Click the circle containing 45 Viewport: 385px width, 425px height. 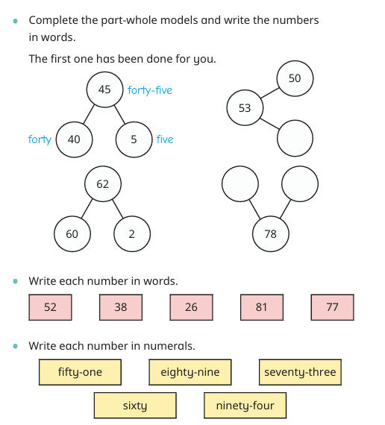coord(104,89)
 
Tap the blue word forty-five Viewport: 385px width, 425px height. coord(150,90)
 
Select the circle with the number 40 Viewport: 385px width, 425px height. coord(74,139)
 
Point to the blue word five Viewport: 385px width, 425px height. coord(165,139)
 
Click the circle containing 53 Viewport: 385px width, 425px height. coord(245,108)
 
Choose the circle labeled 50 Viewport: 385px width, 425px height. coord(295,78)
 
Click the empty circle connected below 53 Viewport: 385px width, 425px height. coord(295,138)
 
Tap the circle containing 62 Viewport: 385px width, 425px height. coord(103,184)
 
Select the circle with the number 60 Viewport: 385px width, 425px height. coord(72,234)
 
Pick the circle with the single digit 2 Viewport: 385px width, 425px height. coord(132,234)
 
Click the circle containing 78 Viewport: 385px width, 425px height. coord(271,234)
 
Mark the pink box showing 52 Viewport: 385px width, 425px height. coord(50,307)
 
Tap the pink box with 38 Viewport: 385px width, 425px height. coord(121,307)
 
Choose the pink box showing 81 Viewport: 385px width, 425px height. coord(262,307)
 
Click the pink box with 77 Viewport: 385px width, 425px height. coord(332,307)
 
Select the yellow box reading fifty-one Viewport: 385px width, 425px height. coord(80,372)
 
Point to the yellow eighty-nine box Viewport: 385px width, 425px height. coord(190,372)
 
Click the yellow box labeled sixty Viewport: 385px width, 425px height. coord(135,406)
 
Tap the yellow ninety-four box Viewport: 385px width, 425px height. coord(245,406)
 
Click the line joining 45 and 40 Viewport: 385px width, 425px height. coord(89,114)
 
